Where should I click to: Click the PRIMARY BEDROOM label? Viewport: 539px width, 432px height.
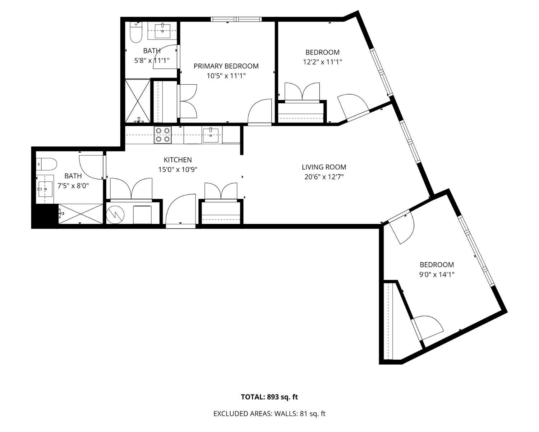pyautogui.click(x=226, y=66)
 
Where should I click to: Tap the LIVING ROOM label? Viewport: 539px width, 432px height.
pyautogui.click(x=324, y=167)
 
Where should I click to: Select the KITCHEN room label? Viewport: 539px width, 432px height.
pyautogui.click(x=178, y=159)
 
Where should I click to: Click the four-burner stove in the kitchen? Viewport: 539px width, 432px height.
pyautogui.click(x=163, y=135)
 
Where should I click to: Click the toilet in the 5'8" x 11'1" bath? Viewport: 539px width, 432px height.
pyautogui.click(x=136, y=32)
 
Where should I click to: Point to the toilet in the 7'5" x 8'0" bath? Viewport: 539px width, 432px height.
pyautogui.click(x=47, y=164)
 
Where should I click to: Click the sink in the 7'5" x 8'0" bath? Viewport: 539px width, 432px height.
pyautogui.click(x=45, y=189)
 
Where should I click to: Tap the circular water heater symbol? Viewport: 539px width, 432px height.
pyautogui.click(x=115, y=215)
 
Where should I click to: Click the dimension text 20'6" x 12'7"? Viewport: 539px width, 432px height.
pyautogui.click(x=324, y=177)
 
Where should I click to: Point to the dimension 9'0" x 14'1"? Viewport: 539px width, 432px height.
pyautogui.click(x=437, y=275)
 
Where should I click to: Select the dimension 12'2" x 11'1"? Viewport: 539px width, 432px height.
pyautogui.click(x=322, y=62)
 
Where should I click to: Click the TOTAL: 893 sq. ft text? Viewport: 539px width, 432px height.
pyautogui.click(x=269, y=397)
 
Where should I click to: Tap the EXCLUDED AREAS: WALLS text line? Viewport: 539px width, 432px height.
pyautogui.click(x=269, y=414)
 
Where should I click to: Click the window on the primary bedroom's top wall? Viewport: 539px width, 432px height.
pyautogui.click(x=236, y=19)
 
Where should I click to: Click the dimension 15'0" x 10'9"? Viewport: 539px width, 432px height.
pyautogui.click(x=178, y=170)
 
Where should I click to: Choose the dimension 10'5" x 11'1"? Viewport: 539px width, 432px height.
pyautogui.click(x=226, y=76)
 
